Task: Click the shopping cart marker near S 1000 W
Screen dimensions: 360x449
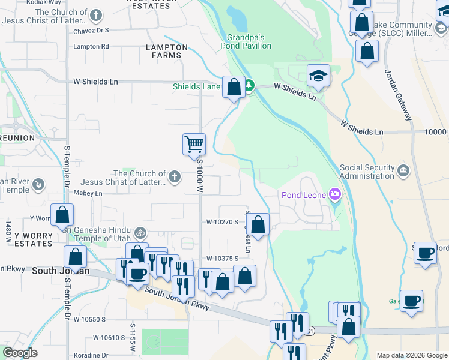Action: click(x=194, y=144)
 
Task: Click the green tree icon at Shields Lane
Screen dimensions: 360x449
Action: click(x=248, y=86)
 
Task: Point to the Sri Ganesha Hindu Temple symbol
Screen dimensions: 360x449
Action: click(x=140, y=232)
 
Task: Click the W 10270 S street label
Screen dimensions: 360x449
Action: click(x=223, y=222)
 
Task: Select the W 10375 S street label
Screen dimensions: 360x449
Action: click(x=222, y=258)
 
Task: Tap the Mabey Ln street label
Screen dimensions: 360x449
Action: click(x=88, y=193)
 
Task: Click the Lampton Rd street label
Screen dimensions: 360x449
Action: click(x=91, y=46)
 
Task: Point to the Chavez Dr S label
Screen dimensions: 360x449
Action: click(x=91, y=29)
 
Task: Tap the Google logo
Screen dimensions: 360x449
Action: click(x=20, y=353)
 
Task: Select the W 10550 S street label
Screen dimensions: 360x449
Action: click(x=90, y=320)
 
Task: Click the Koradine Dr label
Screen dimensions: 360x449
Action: click(x=91, y=355)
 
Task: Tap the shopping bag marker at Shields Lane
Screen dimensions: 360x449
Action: click(x=234, y=86)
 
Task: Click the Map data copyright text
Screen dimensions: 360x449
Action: click(x=411, y=355)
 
